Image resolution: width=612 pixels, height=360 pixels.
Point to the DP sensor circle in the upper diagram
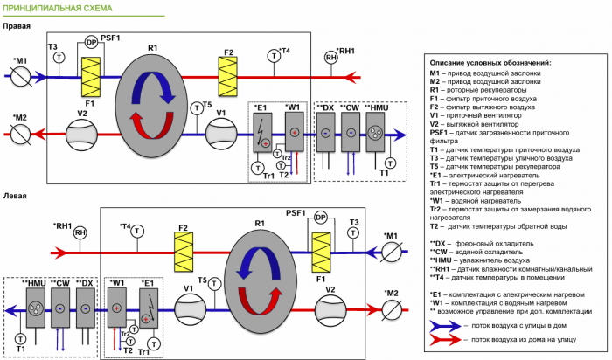pos(91,42)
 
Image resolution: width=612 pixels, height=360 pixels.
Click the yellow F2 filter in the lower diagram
pos(183,253)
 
